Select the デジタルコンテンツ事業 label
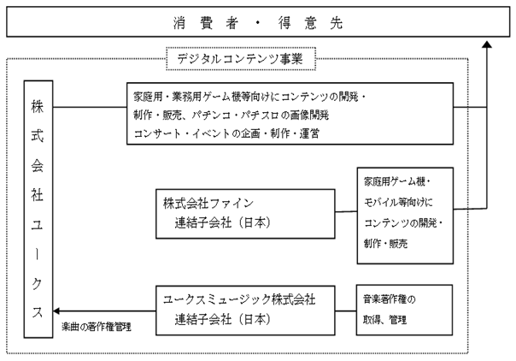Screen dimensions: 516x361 [x=240, y=59]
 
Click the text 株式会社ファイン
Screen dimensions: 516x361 [x=208, y=204]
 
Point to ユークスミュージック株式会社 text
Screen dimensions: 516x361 [x=239, y=299]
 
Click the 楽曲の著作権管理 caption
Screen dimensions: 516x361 [x=97, y=327]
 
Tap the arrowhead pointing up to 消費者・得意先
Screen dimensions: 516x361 [x=487, y=44]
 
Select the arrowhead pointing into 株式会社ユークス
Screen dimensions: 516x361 [x=56, y=311]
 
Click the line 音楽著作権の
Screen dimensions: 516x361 [x=390, y=299]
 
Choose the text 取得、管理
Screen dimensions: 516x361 [x=384, y=319]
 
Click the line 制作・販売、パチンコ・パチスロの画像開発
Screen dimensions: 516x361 [x=232, y=115]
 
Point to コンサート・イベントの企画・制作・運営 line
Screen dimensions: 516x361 [x=226, y=133]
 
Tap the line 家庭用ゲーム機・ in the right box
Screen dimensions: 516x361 [x=397, y=181]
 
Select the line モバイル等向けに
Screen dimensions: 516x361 [x=398, y=202]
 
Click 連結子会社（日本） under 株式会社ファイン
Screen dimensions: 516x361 [x=222, y=223]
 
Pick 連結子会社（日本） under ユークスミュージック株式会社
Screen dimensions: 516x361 [x=222, y=319]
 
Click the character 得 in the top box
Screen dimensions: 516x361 [x=284, y=23]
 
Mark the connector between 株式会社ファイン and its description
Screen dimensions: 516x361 [x=346, y=212]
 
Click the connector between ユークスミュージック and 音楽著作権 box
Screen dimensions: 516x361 [x=345, y=311]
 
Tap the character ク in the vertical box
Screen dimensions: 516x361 [x=38, y=283]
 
